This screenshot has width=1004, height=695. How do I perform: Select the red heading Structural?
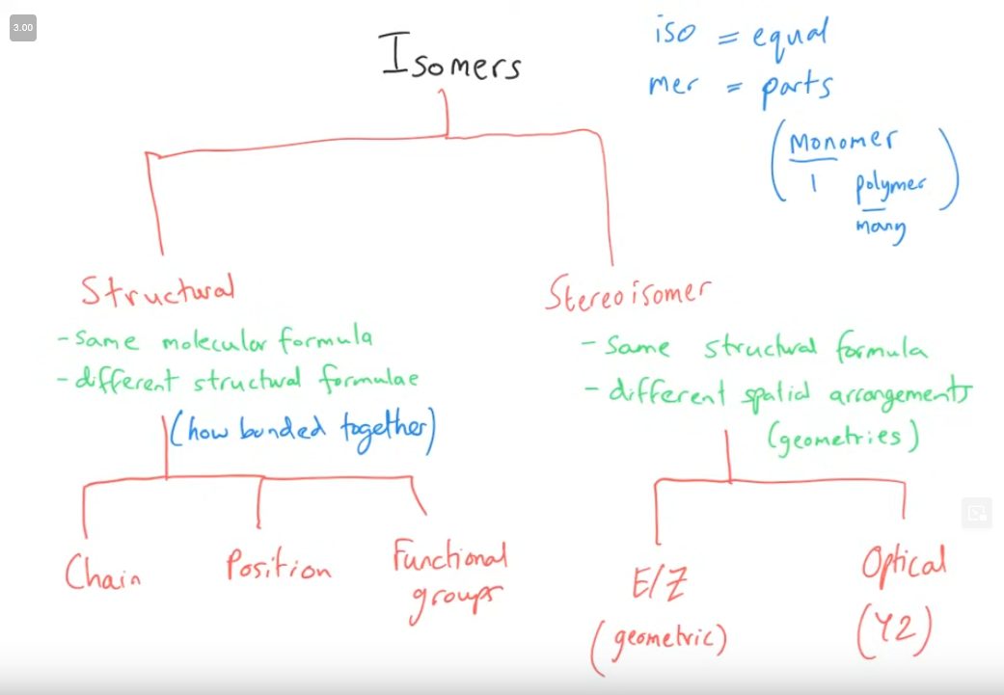tap(157, 290)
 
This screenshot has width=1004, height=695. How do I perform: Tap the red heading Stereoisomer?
tap(629, 291)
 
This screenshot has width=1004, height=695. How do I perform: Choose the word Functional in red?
tap(448, 558)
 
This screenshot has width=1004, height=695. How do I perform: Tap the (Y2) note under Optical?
tap(894, 631)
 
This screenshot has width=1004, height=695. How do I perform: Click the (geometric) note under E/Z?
tap(660, 641)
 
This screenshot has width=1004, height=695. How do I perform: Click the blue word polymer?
tap(889, 186)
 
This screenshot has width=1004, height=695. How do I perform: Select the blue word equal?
tap(789, 37)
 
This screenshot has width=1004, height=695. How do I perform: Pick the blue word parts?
tap(797, 87)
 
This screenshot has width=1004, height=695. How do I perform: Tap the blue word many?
tap(880, 229)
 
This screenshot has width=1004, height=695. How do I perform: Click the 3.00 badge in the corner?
tap(22, 28)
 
